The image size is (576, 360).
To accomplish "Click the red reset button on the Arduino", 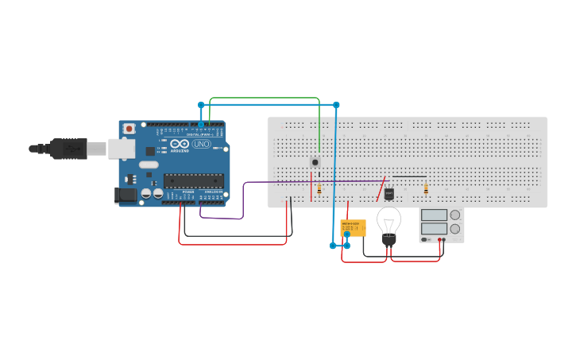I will coord(129,129).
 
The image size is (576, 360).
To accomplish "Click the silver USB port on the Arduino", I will coord(121,148).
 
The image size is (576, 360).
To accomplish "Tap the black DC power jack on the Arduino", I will coord(126,195).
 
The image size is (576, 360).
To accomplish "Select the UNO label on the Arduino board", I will coord(201,144).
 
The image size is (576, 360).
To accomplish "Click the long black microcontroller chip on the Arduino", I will coord(193,181).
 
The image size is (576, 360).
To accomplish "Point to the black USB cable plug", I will coord(68,149).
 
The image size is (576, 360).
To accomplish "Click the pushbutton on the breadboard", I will coord(315,162).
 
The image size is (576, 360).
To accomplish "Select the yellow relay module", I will coord(353,227).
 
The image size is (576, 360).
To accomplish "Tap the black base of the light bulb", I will coord(389,239).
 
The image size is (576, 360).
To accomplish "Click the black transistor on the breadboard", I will coord(389,193).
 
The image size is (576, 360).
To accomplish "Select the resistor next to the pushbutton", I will coord(319,189).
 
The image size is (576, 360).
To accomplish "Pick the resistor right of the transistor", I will coord(426,189).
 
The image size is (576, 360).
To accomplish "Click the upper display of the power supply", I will coord(434,215).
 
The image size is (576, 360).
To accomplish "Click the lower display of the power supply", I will coord(434,229).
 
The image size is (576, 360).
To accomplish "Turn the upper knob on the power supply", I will coord(455,215).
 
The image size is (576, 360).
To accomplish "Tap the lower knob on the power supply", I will coord(455,229).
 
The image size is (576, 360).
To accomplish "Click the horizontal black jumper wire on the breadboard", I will coord(409,176).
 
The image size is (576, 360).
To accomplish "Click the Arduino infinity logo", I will coord(180,144).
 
